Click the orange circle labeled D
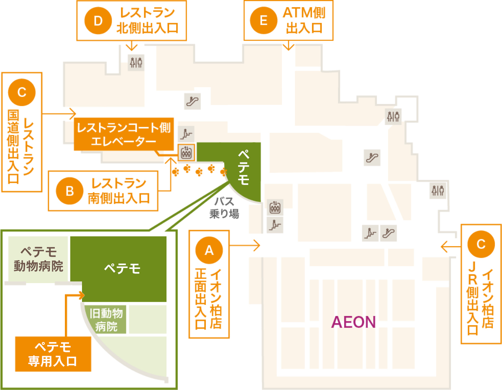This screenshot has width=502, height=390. pyautogui.click(x=98, y=21)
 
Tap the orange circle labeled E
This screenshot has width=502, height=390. pyautogui.click(x=264, y=20)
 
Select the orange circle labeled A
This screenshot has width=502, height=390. pyautogui.click(x=209, y=250)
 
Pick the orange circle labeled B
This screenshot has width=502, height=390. pyautogui.click(x=69, y=191)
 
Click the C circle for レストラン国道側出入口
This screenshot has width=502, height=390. pyautogui.click(x=22, y=92)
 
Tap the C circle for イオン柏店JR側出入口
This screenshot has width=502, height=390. pyautogui.click(x=481, y=244)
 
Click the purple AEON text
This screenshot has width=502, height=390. pyautogui.click(x=353, y=322)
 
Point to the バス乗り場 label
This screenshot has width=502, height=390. pyautogui.click(x=224, y=208)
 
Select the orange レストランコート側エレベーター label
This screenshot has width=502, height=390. pyautogui.click(x=124, y=134)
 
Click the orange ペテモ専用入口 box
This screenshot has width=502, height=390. pyautogui.click(x=53, y=354)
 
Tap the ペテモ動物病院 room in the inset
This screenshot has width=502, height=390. pyautogui.click(x=38, y=259)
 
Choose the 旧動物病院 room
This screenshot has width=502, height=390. pyautogui.click(x=105, y=319)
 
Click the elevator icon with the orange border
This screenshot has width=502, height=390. pyautogui.click(x=186, y=152)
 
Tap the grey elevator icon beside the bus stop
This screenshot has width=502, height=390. pyautogui.click(x=275, y=207)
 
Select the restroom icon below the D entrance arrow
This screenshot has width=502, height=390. pyautogui.click(x=136, y=63)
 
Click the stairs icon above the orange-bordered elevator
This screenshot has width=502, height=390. pyautogui.click(x=186, y=134)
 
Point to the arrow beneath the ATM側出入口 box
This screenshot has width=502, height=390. pyautogui.click(x=288, y=46)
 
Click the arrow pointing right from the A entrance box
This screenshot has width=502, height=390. pyautogui.click(x=245, y=246)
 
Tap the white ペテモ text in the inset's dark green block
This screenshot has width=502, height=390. pyautogui.click(x=122, y=268)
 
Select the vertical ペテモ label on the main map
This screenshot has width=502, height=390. pyautogui.click(x=244, y=167)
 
